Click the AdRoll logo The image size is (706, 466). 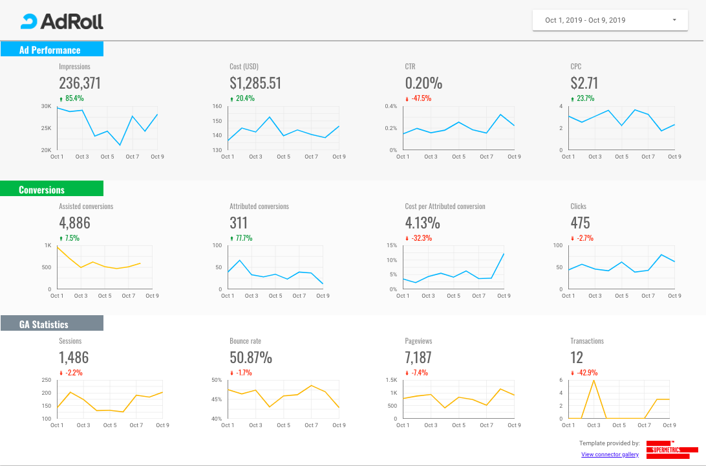[62, 21]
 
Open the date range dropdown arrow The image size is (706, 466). [674, 20]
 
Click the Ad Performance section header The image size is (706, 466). [50, 50]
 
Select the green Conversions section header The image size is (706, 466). [42, 190]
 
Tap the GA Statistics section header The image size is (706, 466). [44, 324]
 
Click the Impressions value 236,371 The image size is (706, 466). [80, 83]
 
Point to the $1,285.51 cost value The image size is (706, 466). [255, 83]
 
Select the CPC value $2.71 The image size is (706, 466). [584, 83]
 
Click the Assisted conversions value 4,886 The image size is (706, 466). [74, 223]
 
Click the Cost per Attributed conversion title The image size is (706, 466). [445, 206]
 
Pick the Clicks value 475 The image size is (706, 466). [580, 223]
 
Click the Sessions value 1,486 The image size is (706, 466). [74, 357]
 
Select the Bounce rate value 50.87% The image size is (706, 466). [251, 357]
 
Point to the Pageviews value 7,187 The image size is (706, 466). [418, 357]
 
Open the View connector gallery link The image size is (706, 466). [610, 454]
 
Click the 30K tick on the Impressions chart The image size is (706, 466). [46, 106]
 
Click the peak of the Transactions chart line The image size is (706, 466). [594, 381]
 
